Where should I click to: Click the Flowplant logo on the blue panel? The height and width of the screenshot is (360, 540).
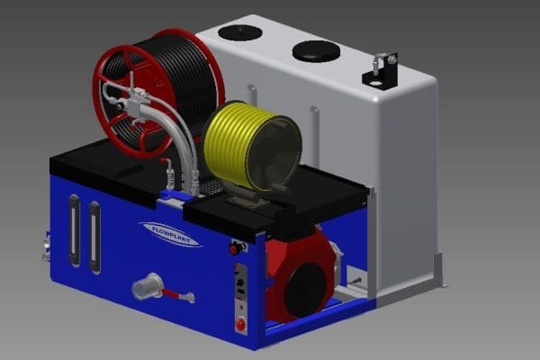[171, 233]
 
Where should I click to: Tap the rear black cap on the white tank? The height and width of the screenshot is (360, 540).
[240, 32]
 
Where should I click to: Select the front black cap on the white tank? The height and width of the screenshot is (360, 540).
[317, 51]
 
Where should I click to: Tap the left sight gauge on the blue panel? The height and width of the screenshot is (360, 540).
[75, 230]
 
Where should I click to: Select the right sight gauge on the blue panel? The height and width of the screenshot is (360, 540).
[94, 238]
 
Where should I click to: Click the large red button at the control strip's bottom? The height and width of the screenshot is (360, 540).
[240, 324]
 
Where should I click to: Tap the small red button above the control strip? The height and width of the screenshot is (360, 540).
[234, 248]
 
